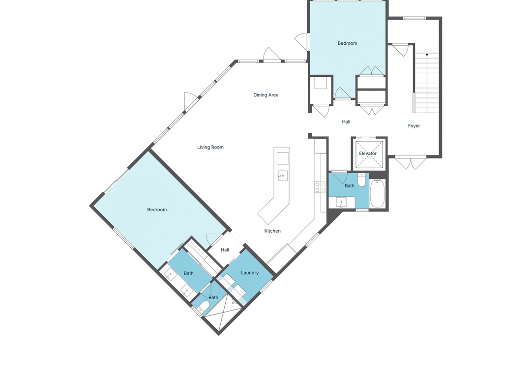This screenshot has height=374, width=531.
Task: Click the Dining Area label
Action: click(266, 95)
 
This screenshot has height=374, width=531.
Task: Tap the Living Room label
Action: click(210, 147)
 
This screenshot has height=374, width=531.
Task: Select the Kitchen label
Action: click(272, 231)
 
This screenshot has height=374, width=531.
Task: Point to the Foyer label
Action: click(414, 126)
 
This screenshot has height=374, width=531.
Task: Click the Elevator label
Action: click(368, 154)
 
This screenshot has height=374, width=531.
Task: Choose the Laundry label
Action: click(250, 273)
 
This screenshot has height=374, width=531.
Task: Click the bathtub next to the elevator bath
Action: click(377, 193)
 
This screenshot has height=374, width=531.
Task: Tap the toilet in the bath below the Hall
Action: click(362, 180)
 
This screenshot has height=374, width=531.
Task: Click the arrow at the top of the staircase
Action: click(427, 54)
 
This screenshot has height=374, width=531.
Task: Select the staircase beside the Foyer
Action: click(426, 83)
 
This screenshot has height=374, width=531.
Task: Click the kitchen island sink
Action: click(283, 176)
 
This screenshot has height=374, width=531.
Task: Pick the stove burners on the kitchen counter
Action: click(320, 187)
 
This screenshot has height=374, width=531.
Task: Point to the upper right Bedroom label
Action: click(348, 43)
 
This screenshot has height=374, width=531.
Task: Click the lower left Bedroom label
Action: click(157, 210)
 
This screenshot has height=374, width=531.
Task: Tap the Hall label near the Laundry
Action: click(225, 250)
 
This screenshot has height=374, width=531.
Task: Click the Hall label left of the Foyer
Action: click(346, 122)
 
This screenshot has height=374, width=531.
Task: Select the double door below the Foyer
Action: click(411, 163)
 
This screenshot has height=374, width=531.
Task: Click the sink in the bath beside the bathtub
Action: click(341, 202)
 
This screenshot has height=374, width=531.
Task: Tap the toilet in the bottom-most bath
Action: click(203, 306)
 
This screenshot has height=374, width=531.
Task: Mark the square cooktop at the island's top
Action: click(283, 158)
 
